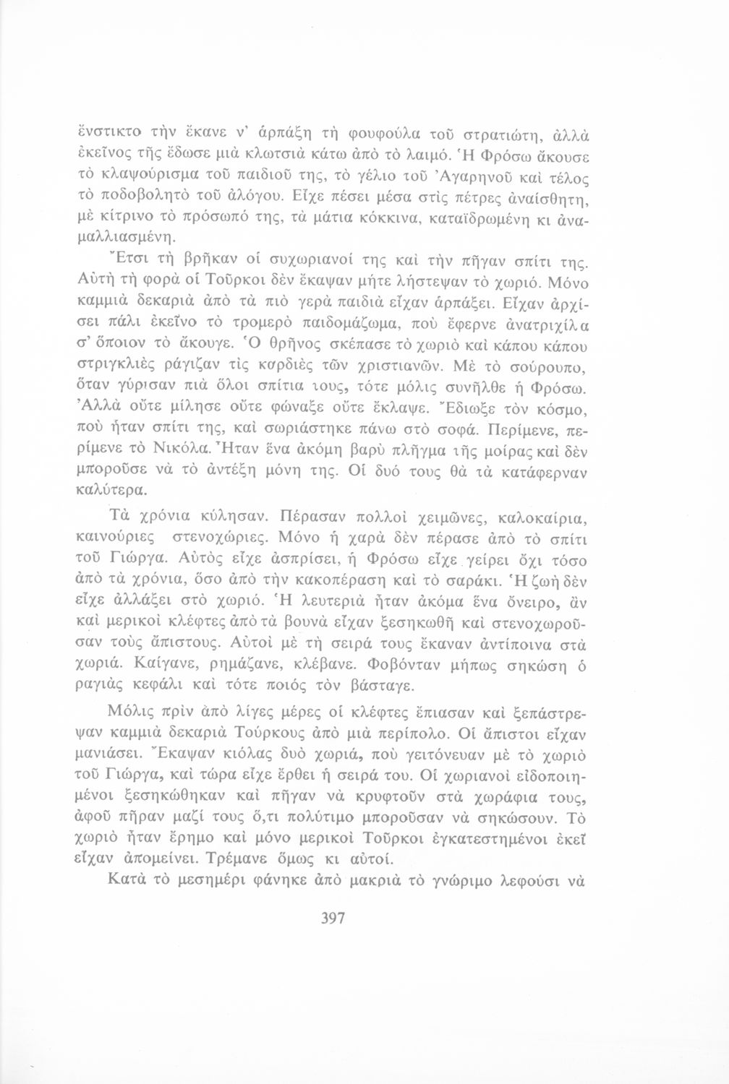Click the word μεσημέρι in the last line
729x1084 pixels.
[x=213, y=880]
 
